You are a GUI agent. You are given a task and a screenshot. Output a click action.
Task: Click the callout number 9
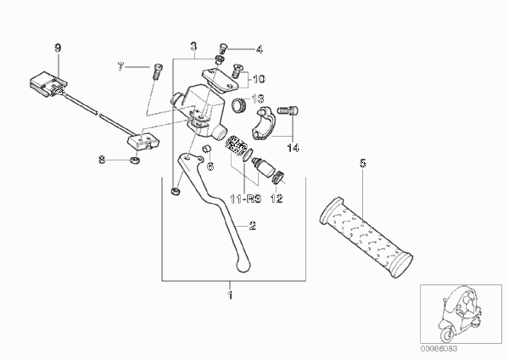(x=58, y=48)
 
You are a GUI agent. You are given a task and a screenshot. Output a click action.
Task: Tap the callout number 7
(x=120, y=67)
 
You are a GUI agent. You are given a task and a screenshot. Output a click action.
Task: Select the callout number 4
(x=259, y=50)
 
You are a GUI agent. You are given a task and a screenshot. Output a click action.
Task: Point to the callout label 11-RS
(x=246, y=199)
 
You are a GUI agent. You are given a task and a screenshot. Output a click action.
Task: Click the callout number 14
(x=293, y=148)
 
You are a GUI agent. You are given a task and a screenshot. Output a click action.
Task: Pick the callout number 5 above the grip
(x=362, y=163)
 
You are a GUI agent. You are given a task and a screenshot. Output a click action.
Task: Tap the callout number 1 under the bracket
(x=230, y=295)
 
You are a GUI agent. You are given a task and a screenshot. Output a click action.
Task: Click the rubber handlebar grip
(x=366, y=237)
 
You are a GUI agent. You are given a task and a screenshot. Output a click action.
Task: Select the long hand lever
(x=215, y=208)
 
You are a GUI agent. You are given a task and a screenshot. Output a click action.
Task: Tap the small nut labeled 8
(x=135, y=160)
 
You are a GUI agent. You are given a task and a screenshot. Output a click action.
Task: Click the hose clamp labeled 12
(x=278, y=177)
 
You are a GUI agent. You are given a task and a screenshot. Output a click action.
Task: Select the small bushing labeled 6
(x=207, y=149)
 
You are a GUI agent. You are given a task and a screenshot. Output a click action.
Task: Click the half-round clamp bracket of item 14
(x=266, y=124)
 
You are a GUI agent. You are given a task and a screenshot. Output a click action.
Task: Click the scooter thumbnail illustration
(x=461, y=314)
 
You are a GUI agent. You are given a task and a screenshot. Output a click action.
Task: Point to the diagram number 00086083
(x=439, y=349)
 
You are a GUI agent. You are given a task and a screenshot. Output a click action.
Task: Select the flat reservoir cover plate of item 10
(x=221, y=80)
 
